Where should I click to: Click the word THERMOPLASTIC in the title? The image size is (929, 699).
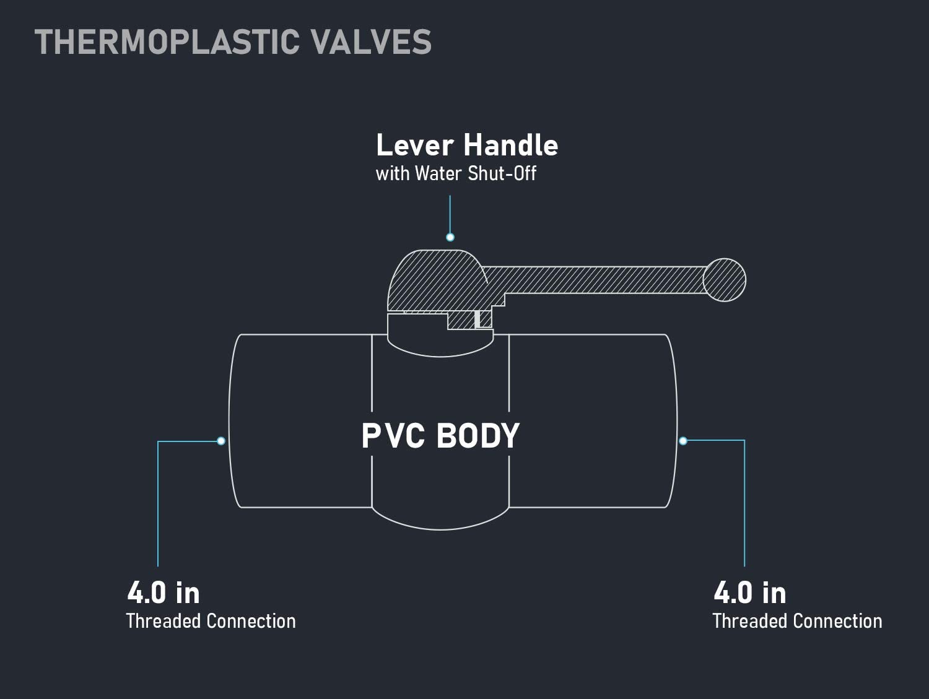pyautogui.click(x=167, y=42)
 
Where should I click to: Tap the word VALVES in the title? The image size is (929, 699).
pyautogui.click(x=371, y=42)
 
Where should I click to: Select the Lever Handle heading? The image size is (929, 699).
pyautogui.click(x=467, y=145)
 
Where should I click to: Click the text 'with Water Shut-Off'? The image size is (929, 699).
pyautogui.click(x=456, y=173)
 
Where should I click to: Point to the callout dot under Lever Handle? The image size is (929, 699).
pyautogui.click(x=450, y=237)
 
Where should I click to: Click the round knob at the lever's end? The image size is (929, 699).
pyautogui.click(x=725, y=280)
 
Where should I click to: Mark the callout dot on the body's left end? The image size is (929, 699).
pyautogui.click(x=221, y=441)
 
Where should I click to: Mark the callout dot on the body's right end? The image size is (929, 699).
pyautogui.click(x=683, y=441)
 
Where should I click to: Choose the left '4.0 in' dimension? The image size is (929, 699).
pyautogui.click(x=164, y=593)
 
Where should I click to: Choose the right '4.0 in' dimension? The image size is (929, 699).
pyautogui.click(x=749, y=593)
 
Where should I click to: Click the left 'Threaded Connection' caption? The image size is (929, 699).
pyautogui.click(x=211, y=621)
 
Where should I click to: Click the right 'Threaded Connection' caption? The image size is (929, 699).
pyautogui.click(x=797, y=621)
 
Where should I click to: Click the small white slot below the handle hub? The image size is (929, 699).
pyautogui.click(x=478, y=319)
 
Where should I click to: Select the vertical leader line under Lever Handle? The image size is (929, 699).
pyautogui.click(x=450, y=214)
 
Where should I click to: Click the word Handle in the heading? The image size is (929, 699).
pyautogui.click(x=511, y=145)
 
